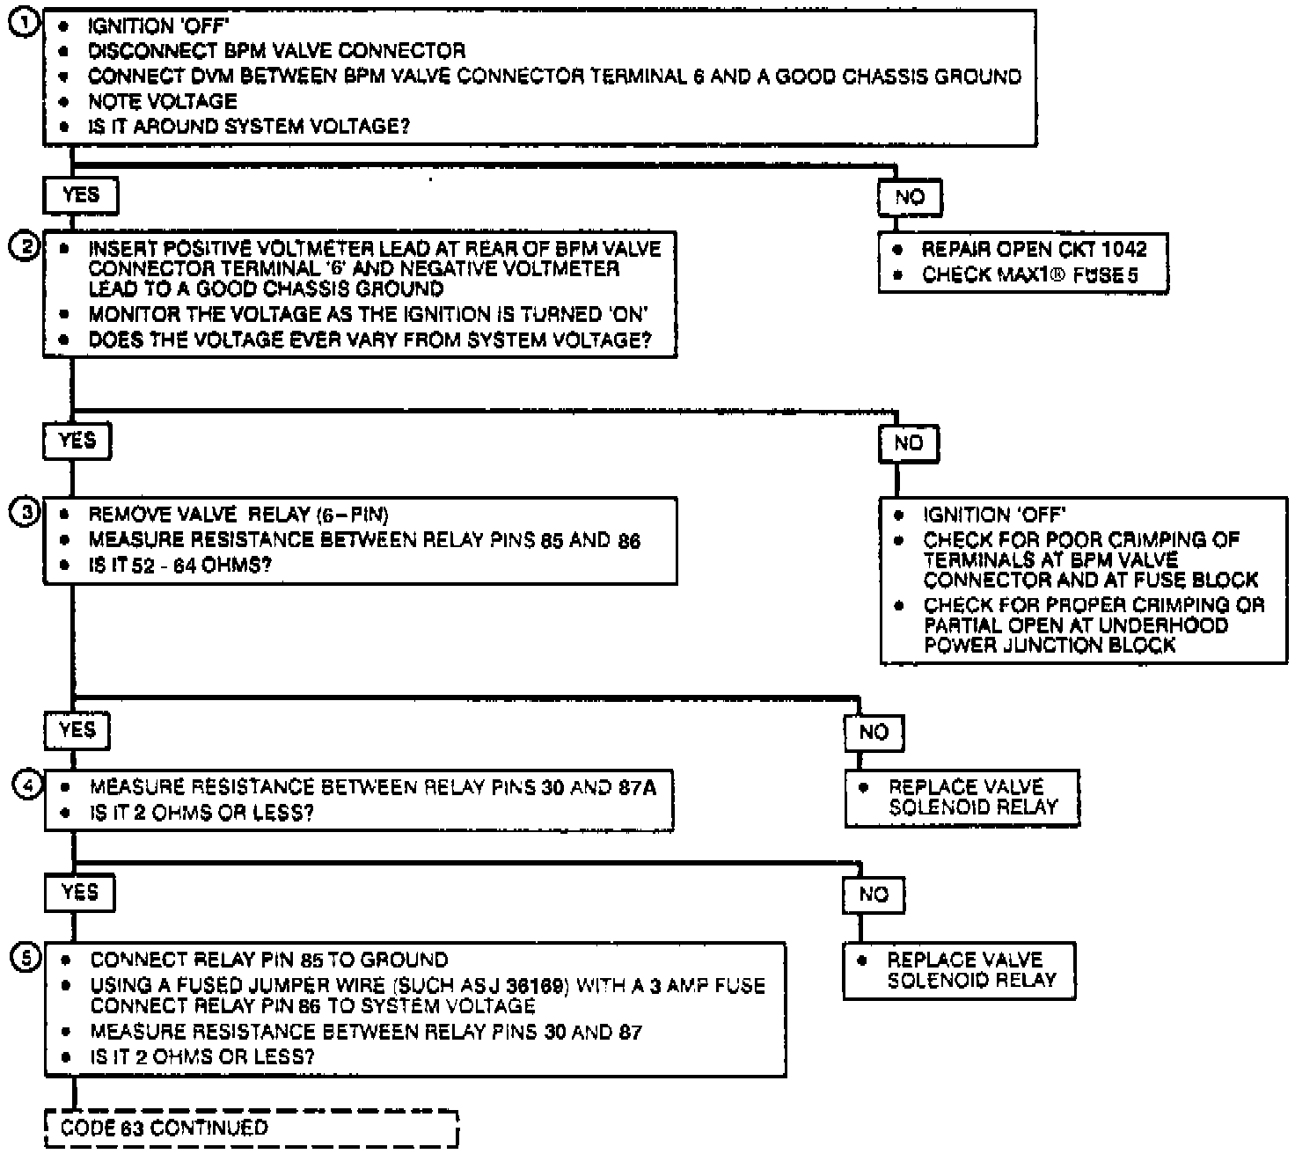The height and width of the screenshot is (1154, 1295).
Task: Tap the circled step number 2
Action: click(x=23, y=247)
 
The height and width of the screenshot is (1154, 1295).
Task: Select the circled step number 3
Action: click(x=24, y=513)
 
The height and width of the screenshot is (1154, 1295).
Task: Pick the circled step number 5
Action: click(x=25, y=958)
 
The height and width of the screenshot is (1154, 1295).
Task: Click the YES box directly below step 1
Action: click(x=80, y=194)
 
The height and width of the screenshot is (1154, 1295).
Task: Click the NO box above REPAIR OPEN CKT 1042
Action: click(x=909, y=197)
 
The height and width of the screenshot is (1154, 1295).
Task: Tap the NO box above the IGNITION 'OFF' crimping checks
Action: click(x=908, y=443)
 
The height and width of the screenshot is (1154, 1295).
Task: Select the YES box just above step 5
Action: click(x=79, y=893)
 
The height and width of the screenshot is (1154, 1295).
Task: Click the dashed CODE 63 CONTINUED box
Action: click(x=252, y=1128)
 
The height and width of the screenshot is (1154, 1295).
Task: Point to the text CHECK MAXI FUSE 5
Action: click(x=1029, y=275)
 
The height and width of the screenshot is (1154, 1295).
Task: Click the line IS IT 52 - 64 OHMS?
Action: click(x=179, y=565)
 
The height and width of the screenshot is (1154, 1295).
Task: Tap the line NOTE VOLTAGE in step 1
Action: click(x=163, y=101)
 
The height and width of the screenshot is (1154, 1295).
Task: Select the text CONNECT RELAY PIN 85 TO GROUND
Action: click(x=269, y=960)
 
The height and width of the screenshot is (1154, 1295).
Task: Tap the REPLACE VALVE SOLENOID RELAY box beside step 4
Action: click(x=962, y=798)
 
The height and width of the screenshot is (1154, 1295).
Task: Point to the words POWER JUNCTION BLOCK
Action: click(x=1050, y=646)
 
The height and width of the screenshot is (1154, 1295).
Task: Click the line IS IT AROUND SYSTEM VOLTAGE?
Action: click(x=249, y=127)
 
